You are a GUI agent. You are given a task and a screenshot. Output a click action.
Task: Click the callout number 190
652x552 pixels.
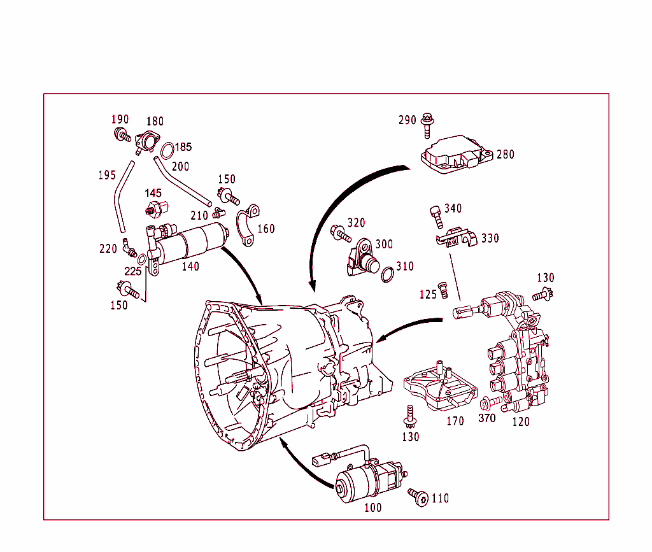click(x=120, y=119)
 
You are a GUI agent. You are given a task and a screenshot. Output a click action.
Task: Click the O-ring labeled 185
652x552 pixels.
click(x=167, y=151)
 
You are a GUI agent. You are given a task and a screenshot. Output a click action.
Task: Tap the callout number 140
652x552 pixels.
click(x=190, y=266)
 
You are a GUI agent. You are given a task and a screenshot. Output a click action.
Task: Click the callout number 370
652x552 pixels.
click(x=486, y=418)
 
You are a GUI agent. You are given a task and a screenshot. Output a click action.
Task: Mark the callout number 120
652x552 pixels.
click(x=520, y=421)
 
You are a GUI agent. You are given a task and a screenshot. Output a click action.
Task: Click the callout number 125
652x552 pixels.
click(x=429, y=294)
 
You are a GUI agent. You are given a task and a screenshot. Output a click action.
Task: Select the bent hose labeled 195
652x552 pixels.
click(x=121, y=197)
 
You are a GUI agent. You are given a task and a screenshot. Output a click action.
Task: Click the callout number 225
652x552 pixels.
click(x=132, y=271)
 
